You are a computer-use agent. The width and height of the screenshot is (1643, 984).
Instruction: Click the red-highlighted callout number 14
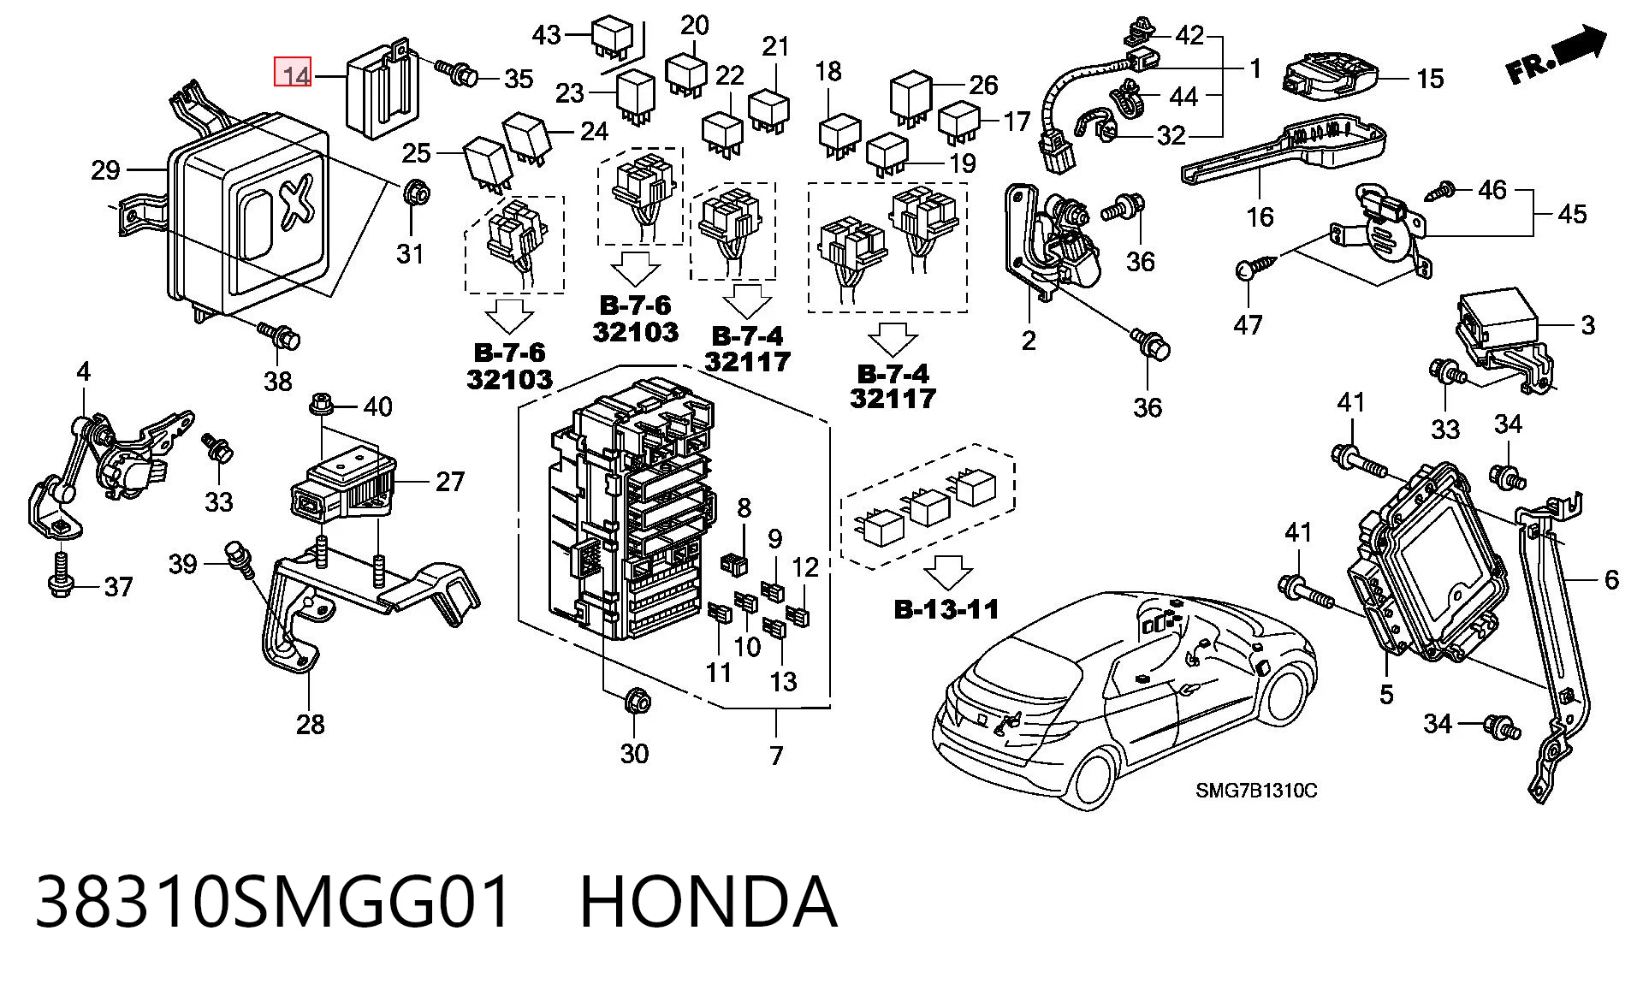tap(293, 73)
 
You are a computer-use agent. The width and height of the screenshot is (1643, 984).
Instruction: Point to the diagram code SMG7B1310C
tap(1256, 790)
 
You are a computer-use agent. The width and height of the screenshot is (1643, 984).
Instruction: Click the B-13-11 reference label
tap(946, 609)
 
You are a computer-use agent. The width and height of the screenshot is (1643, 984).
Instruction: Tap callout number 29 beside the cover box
tap(105, 170)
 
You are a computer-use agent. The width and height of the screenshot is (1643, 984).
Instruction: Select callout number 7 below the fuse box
tap(776, 756)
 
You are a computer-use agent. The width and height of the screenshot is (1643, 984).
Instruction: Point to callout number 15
tap(1430, 79)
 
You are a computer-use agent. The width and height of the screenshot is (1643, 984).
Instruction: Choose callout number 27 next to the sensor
tap(450, 483)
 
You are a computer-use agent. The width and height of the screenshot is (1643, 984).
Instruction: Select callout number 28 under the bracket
tap(310, 724)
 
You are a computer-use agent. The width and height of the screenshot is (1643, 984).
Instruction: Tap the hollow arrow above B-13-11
tap(948, 571)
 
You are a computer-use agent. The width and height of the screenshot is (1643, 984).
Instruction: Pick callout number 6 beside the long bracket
tap(1611, 580)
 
